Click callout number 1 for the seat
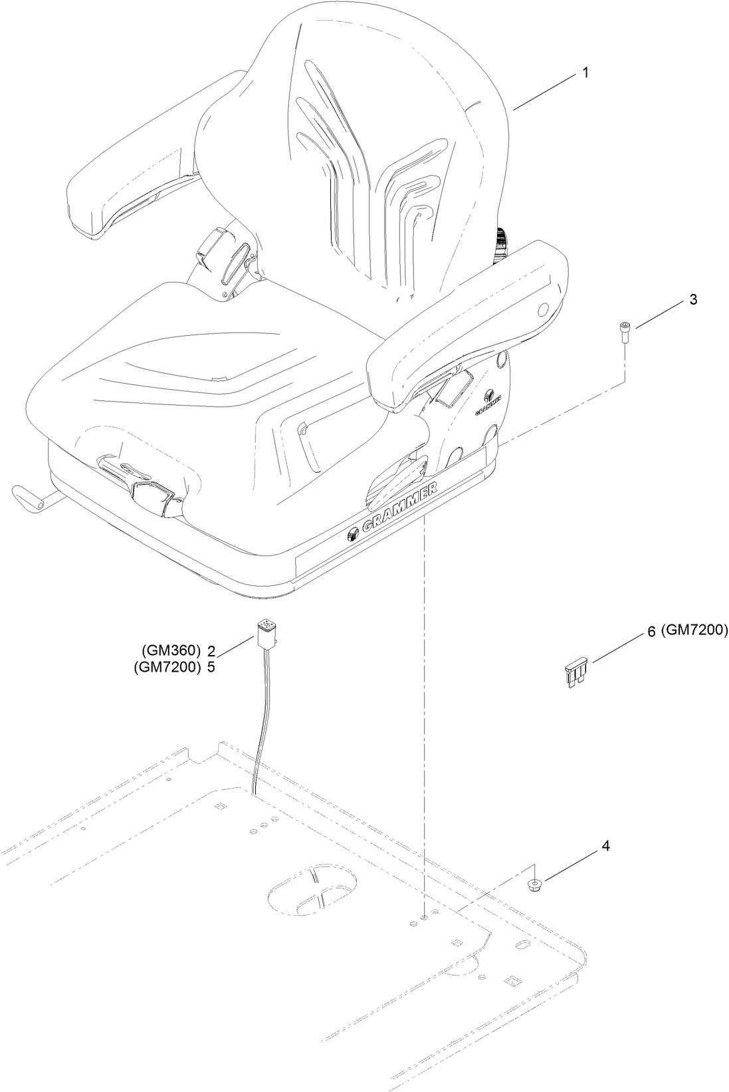585,72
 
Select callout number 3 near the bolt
692,299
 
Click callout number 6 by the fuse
651,632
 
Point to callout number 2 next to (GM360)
211,650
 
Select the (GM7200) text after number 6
695,630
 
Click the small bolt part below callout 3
624,331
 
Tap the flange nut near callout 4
533,885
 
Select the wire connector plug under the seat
265,634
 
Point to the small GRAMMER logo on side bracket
490,404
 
